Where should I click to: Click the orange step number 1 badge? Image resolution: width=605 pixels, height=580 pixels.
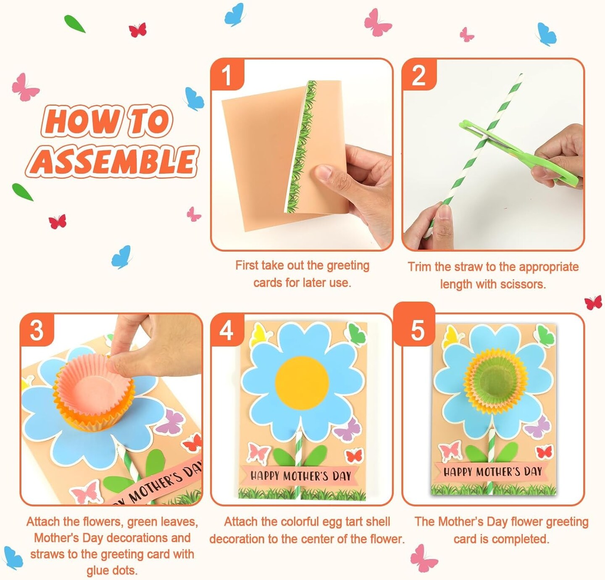click(227, 75)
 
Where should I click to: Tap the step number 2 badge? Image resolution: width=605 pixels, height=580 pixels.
click(418, 76)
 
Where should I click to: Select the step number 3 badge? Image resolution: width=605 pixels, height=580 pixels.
click(37, 330)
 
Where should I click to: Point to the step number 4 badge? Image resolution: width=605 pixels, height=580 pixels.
click(227, 330)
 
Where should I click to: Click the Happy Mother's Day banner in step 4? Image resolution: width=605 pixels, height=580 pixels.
click(300, 476)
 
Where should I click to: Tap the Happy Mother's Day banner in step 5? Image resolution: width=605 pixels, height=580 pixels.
click(492, 472)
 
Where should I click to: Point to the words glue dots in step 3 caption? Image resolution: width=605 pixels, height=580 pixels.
click(112, 571)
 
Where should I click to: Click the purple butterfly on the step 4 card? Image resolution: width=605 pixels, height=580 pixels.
click(349, 430)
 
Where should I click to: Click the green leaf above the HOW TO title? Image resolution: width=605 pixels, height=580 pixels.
click(74, 24)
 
